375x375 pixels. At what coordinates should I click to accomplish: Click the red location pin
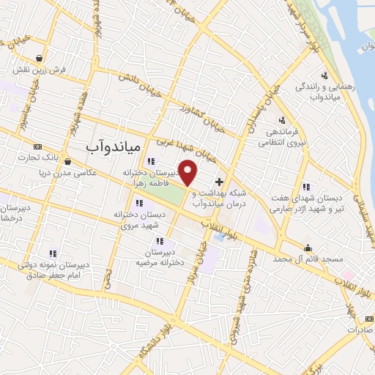(x=188, y=172)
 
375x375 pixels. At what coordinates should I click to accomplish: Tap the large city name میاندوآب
(x=113, y=146)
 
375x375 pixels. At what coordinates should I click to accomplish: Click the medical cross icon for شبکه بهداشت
(x=219, y=181)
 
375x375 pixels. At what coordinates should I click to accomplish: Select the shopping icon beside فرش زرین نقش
(x=38, y=59)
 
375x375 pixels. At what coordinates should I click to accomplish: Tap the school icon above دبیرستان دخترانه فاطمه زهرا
(x=151, y=161)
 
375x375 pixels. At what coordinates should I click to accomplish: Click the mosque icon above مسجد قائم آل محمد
(x=308, y=247)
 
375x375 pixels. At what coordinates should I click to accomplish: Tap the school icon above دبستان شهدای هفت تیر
(x=305, y=186)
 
